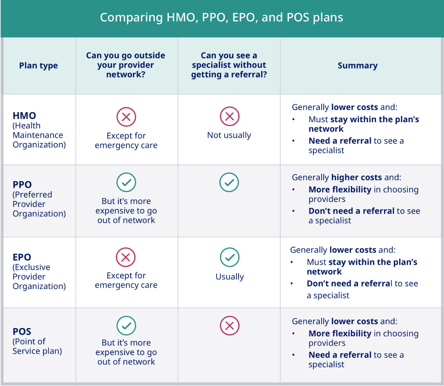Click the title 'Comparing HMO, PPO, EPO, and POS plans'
coord(222,17)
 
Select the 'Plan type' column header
coord(39,66)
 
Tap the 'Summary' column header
coord(358,66)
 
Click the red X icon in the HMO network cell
coord(126,117)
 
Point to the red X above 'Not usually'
coord(230,116)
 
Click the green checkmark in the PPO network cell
coord(126,182)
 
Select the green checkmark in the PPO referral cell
coord(229,182)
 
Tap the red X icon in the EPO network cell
coord(126,257)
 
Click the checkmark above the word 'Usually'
coord(230,257)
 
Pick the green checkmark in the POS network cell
coord(126,326)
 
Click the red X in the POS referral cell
coord(230,326)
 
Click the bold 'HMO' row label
coord(24,116)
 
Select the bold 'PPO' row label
coord(22,185)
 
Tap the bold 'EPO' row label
coord(22,257)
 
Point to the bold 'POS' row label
coord(22,332)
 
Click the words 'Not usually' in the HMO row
coord(229,135)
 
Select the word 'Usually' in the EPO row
coord(230,277)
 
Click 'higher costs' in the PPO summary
coord(357,177)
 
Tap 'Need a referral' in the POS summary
coord(340,355)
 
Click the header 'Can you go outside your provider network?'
coord(126,65)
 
